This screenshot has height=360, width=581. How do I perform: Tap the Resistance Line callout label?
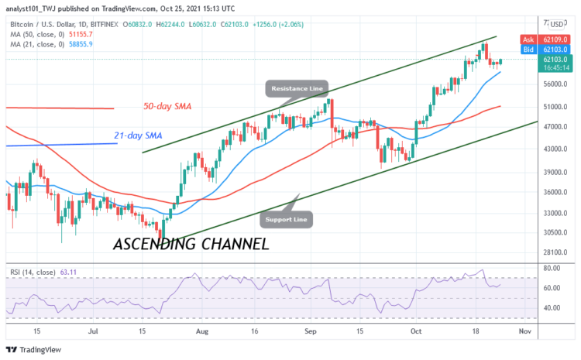click(297, 89)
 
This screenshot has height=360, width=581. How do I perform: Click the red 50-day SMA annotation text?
click(166, 105)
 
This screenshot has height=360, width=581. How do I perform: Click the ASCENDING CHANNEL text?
click(191, 244)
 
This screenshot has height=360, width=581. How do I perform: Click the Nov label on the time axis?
click(525, 331)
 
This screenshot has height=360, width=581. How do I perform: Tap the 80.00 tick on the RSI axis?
click(552, 268)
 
